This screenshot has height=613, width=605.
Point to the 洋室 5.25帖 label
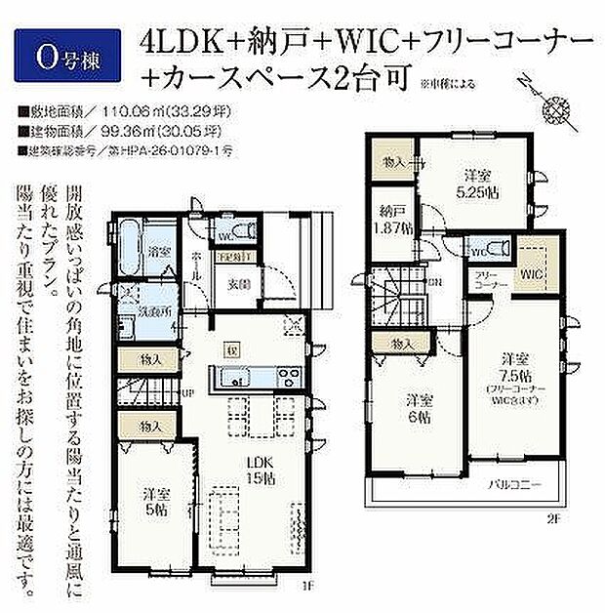[x=476, y=183]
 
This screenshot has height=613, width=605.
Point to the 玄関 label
[x=239, y=284]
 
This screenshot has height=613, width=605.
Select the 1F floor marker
[x=305, y=587]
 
